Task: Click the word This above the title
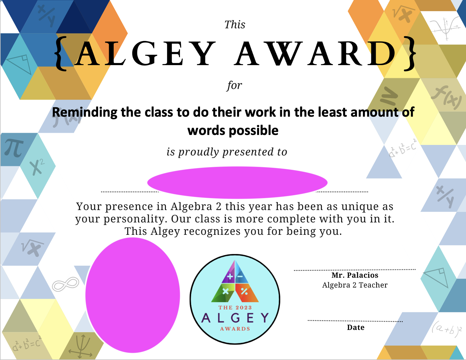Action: tap(234, 24)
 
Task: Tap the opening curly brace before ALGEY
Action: tap(61, 54)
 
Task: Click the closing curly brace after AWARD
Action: tap(410, 54)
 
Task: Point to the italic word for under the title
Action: tap(234, 86)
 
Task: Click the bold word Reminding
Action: tap(85, 112)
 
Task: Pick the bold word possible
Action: tap(254, 131)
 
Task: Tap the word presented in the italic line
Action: tap(248, 152)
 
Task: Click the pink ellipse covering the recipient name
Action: tap(237, 182)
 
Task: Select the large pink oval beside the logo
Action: tap(133, 295)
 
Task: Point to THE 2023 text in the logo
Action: tap(235, 308)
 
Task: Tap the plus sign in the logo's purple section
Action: tap(230, 276)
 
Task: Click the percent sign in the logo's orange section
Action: tap(244, 291)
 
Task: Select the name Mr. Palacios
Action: tap(355, 275)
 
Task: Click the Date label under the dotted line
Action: tap(356, 327)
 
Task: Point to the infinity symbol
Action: tap(66, 284)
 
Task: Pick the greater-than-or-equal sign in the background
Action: tap(389, 96)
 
